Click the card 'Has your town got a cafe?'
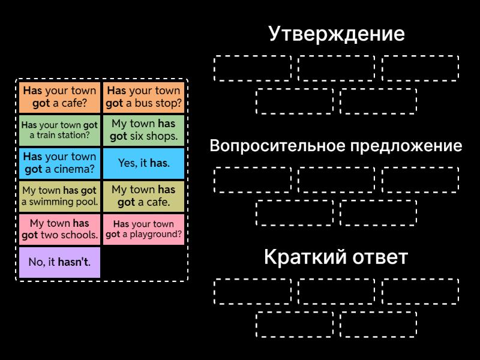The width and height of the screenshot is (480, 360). tap(59, 97)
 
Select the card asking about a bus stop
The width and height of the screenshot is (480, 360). tap(143, 97)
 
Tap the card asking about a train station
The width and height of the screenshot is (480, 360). tap(59, 130)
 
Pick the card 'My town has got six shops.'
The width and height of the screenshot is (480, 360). tap(143, 130)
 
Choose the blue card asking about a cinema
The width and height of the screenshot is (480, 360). tap(59, 163)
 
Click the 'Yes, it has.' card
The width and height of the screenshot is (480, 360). tap(143, 163)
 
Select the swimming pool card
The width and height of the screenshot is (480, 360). tap(59, 196)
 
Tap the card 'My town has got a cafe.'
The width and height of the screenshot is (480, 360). tap(143, 196)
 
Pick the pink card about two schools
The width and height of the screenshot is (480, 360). tap(59, 229)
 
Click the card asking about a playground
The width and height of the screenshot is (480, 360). tap(143, 229)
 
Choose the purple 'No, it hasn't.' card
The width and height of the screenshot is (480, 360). tap(59, 262)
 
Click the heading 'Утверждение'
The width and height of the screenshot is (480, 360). tap(336, 34)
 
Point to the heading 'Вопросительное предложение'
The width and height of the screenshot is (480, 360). tap(336, 146)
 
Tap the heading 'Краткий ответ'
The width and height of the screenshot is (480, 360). tap(336, 257)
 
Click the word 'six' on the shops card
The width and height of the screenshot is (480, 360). tap(137, 136)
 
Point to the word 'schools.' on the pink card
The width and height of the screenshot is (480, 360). tap(78, 235)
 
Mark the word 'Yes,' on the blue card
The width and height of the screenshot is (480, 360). tap(128, 163)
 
